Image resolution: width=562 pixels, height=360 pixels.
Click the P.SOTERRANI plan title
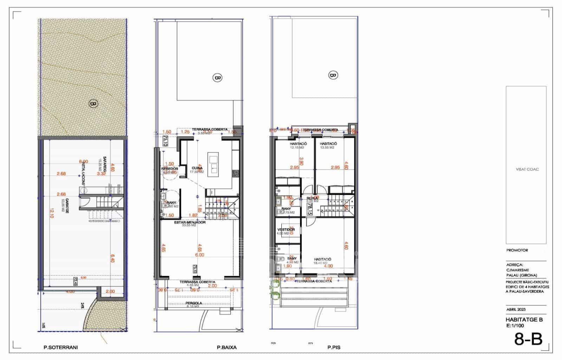(x=60, y=347)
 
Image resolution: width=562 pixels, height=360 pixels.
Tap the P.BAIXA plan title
(x=227, y=347)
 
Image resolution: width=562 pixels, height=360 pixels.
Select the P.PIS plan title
(x=334, y=347)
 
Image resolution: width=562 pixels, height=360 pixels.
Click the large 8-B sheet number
(x=528, y=339)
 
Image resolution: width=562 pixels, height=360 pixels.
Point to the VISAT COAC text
(x=527, y=169)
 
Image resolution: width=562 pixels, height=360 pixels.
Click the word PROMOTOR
(x=517, y=250)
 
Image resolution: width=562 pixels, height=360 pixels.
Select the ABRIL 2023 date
(x=516, y=310)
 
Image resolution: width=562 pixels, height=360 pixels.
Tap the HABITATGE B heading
(x=524, y=320)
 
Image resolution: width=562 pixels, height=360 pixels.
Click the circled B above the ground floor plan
(x=218, y=77)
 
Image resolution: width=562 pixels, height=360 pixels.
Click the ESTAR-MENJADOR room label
(x=190, y=222)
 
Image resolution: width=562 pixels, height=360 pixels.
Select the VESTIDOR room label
(x=286, y=230)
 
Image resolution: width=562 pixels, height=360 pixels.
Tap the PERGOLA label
(x=194, y=303)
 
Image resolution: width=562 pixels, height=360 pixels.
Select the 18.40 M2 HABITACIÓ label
(x=322, y=259)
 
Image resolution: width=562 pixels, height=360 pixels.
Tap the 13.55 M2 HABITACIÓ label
(x=328, y=144)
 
